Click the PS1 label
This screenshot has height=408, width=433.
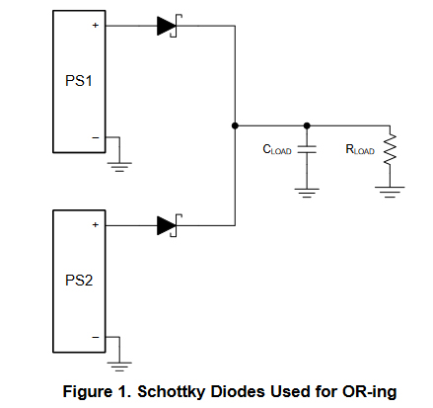coord(79,81)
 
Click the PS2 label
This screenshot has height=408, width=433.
coord(79,281)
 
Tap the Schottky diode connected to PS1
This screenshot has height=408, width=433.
coord(170,26)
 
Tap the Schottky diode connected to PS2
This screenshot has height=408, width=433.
coord(170,225)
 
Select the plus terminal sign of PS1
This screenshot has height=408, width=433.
coord(96,25)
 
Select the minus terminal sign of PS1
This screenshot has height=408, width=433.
coord(96,137)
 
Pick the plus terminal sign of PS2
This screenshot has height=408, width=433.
coord(96,224)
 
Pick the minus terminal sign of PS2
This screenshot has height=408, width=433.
coord(96,337)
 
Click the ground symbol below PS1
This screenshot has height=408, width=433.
coord(119,167)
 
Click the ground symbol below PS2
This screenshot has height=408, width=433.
coord(119,367)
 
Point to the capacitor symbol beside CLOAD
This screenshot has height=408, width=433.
coord(307,149)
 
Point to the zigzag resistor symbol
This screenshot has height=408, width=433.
coord(390,149)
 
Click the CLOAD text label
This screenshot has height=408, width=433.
coord(277,150)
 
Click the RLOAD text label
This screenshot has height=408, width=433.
coord(360,150)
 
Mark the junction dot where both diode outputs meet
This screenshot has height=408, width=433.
coord(235,125)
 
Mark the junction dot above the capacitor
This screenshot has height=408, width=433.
coord(307,125)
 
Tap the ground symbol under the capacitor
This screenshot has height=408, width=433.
coord(307,193)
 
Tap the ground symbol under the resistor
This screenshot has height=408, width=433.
coord(390,193)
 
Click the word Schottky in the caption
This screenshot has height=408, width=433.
coord(171,392)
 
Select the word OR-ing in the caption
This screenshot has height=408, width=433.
coord(369,392)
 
